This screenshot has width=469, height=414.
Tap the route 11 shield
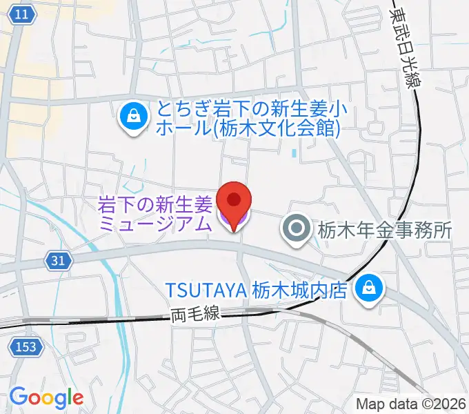point(23,14)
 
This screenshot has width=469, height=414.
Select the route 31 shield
point(59,259)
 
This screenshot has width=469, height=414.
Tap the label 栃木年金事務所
point(384,230)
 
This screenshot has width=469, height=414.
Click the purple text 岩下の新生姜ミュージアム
point(154,213)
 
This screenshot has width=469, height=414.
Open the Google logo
point(46,397)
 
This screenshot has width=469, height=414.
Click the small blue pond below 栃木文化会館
point(294,153)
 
